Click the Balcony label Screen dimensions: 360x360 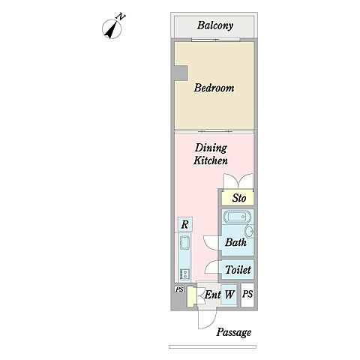[x=215, y=25]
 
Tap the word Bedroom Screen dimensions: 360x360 [x=214, y=88]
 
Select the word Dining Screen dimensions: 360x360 [x=211, y=148]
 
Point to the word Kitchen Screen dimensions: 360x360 [x=211, y=160]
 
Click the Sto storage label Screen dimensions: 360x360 [x=239, y=198]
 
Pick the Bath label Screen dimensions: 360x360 [x=235, y=242]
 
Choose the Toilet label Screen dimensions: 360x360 [x=238, y=270]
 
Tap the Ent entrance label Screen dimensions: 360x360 [x=212, y=295]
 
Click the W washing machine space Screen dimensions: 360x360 [x=229, y=295]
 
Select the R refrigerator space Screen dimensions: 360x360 [x=185, y=224]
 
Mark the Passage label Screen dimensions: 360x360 [x=234, y=332]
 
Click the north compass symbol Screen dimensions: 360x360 [x=112, y=29]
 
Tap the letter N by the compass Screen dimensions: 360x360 [x=121, y=17]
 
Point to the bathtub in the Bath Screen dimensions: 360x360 [x=237, y=217]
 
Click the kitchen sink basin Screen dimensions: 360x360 [x=184, y=242]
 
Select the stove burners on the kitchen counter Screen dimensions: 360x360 [x=185, y=274]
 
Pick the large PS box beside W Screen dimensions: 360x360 [x=247, y=295]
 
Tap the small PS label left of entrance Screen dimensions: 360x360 [x=179, y=289]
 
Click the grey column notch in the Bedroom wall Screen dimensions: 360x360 [x=181, y=73]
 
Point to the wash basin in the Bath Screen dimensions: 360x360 [x=249, y=231]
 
